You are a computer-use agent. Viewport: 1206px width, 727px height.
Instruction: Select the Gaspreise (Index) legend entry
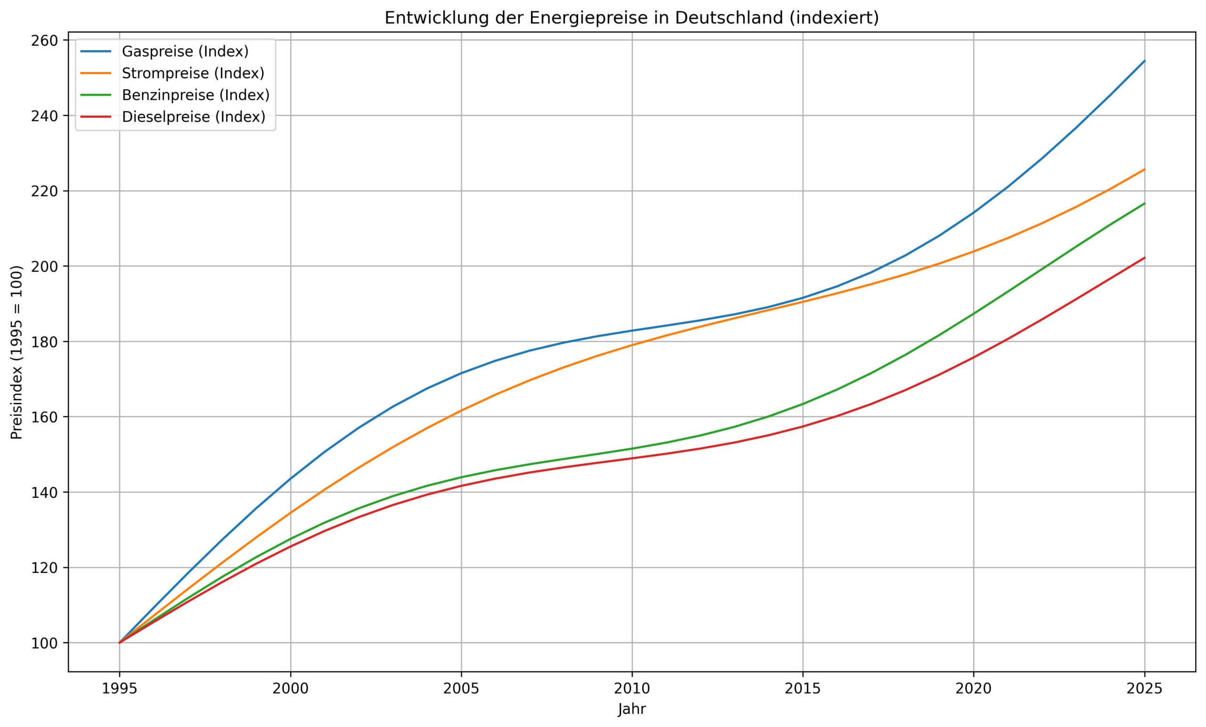pyautogui.click(x=185, y=51)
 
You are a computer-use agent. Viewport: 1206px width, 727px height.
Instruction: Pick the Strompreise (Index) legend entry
pyautogui.click(x=193, y=73)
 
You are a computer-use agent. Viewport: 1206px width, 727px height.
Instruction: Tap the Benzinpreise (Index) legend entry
pyautogui.click(x=196, y=95)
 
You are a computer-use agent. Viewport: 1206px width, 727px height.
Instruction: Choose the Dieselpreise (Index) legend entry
pyautogui.click(x=193, y=117)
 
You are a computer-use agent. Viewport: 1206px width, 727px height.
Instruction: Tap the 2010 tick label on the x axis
pyautogui.click(x=632, y=689)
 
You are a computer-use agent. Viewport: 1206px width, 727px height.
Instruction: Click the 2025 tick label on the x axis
pyautogui.click(x=1144, y=689)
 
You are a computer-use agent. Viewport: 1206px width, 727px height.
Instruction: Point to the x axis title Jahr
pyautogui.click(x=632, y=710)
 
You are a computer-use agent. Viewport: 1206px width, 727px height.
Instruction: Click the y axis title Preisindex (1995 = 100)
pyautogui.click(x=16, y=352)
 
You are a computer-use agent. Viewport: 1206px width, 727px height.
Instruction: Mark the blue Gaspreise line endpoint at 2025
pyautogui.click(x=1144, y=61)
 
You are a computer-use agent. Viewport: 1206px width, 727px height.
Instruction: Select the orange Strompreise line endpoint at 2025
pyautogui.click(x=1144, y=170)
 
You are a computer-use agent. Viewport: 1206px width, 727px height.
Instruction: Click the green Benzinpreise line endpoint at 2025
pyautogui.click(x=1144, y=203)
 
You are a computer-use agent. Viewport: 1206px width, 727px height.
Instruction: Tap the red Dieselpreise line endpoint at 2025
pyautogui.click(x=1144, y=258)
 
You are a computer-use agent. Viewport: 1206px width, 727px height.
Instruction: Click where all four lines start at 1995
pyautogui.click(x=120, y=643)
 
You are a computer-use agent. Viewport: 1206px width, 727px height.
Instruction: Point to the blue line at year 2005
pyautogui.click(x=461, y=373)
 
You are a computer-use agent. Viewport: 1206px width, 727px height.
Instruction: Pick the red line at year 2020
pyautogui.click(x=973, y=357)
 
